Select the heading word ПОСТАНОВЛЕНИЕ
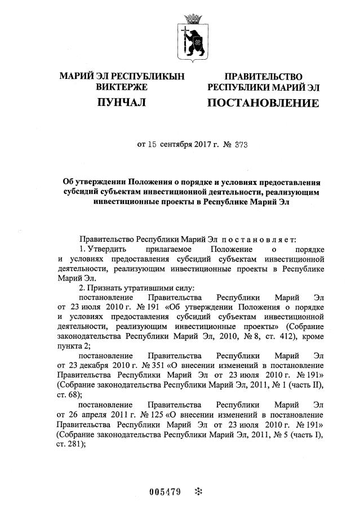coord(263,103)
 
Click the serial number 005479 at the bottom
coord(165,491)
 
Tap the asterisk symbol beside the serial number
coord(198,491)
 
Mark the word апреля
coord(85,414)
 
